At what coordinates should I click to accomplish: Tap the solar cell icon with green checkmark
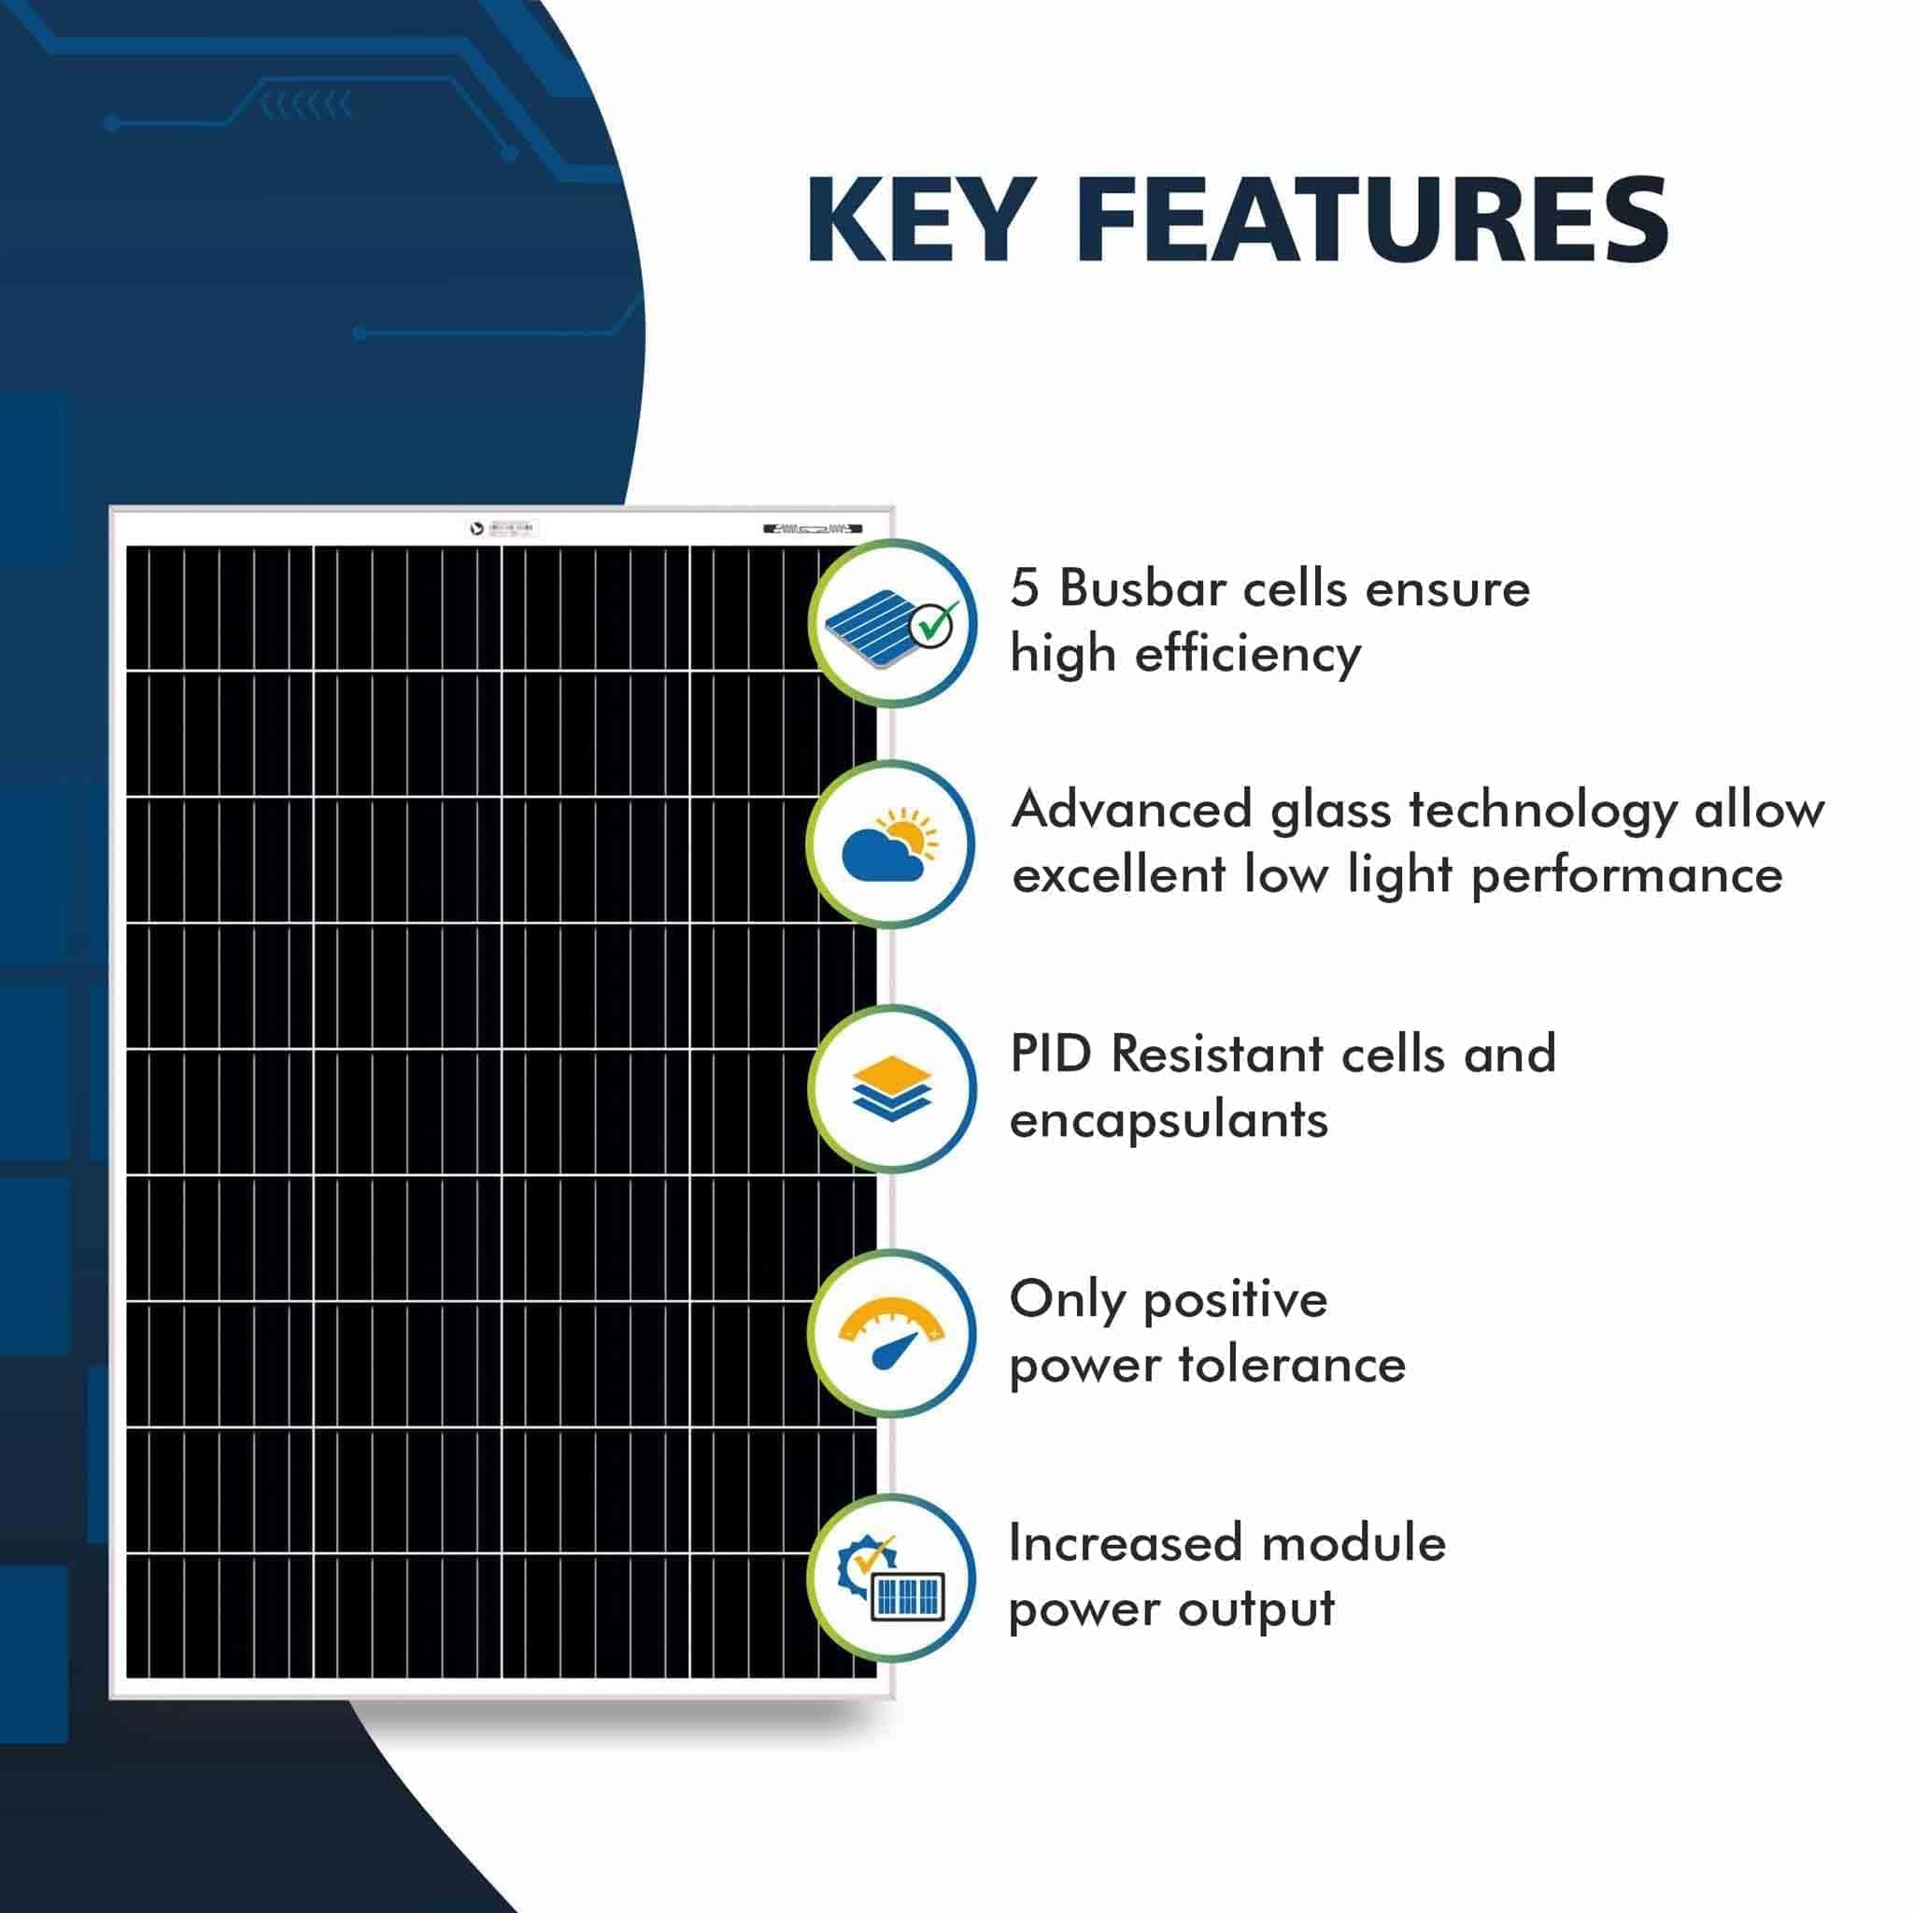coord(892,624)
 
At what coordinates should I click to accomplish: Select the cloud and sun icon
coord(890,844)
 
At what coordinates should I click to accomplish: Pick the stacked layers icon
coord(892,1088)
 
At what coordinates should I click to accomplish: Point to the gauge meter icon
coord(892,1333)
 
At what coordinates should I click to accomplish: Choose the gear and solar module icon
coord(891,1579)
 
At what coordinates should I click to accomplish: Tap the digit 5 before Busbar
coord(1025,588)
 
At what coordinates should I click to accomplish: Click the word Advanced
coord(1133,809)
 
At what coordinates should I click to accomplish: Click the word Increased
coord(1125,1544)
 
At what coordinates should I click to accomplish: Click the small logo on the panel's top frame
coord(476,529)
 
